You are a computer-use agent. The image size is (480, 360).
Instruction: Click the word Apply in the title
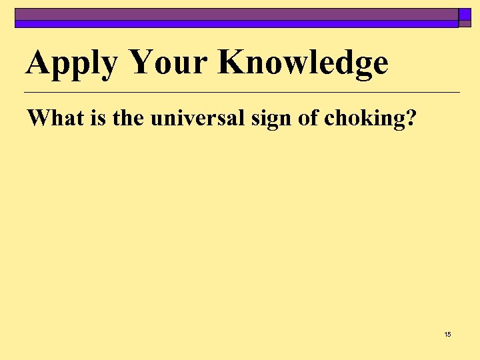(72, 63)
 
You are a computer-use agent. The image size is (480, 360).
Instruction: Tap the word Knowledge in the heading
(303, 63)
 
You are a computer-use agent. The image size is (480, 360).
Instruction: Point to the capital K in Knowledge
(231, 62)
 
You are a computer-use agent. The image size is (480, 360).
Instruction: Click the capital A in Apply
(39, 62)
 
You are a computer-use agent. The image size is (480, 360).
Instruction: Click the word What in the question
(49, 118)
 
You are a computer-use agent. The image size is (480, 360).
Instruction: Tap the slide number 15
(447, 334)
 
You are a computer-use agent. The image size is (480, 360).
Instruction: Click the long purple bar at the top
(236, 14)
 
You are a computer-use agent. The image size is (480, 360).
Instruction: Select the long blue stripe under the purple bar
(236, 24)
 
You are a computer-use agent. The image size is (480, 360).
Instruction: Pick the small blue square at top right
(465, 14)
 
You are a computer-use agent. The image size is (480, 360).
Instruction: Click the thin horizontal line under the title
(241, 92)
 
